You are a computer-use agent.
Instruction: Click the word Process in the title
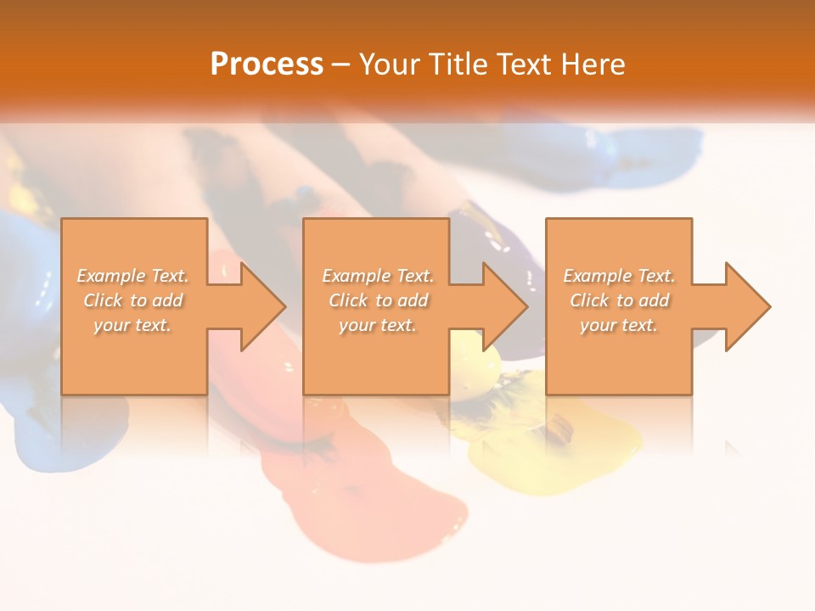[x=267, y=64]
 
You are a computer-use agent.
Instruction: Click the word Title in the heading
[x=456, y=64]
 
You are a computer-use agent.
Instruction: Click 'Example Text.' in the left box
[x=132, y=276]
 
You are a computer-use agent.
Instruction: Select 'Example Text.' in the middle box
[x=377, y=276]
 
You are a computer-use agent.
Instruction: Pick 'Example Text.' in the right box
[x=618, y=276]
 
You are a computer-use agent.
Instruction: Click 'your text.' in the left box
[x=132, y=325]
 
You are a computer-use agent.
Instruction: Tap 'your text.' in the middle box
[x=377, y=325]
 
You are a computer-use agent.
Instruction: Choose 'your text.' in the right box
[x=618, y=325]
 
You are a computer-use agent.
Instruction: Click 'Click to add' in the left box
[x=132, y=300]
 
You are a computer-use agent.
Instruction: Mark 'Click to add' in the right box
[x=618, y=300]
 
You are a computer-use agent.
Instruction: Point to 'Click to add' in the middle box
[x=377, y=300]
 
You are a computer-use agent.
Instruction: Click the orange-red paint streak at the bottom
[x=382, y=492]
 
